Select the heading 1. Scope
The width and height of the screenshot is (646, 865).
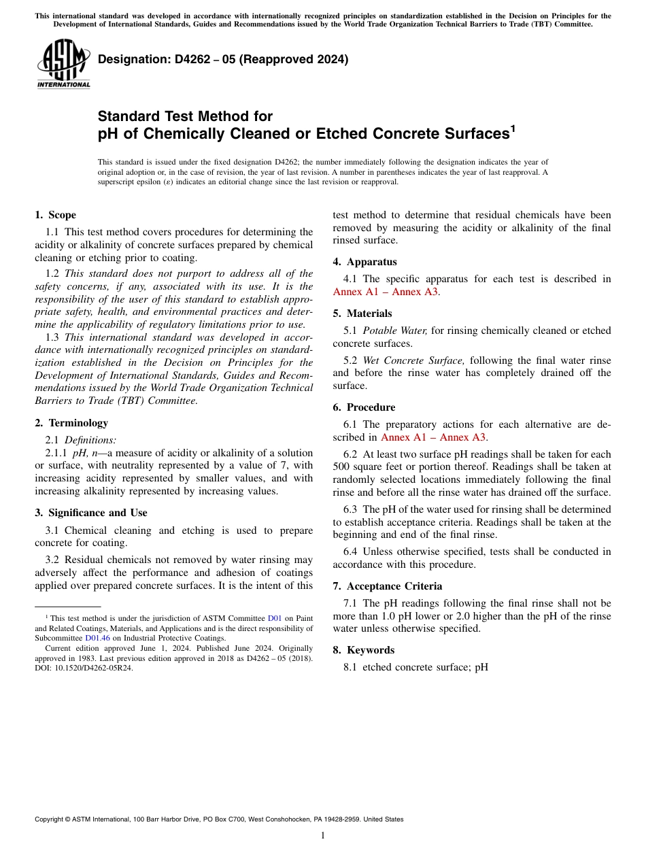pos(56,215)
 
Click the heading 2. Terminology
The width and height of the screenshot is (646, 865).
pos(71,423)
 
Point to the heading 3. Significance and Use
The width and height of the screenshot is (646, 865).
pos(91,513)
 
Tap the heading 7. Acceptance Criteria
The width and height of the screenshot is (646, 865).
pos(388,586)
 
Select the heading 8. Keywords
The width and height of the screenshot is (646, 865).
pos(364,650)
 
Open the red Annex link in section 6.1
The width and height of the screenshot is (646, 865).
pos(433,437)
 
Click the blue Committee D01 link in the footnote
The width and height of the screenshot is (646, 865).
pos(275,618)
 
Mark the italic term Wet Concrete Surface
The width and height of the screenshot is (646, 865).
pos(413,360)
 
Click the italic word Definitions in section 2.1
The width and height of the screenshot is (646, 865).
pos(90,440)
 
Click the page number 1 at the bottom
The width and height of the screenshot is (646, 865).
pos(323,835)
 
